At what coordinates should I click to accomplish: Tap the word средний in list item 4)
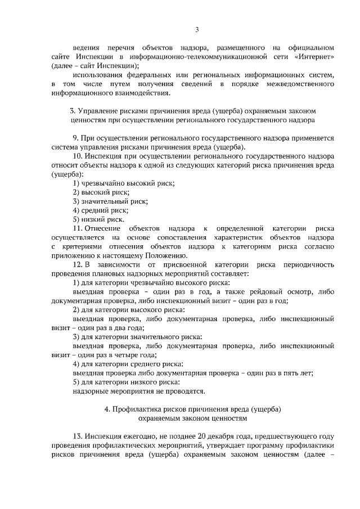(96, 210)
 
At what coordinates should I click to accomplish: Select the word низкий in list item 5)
(95, 219)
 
